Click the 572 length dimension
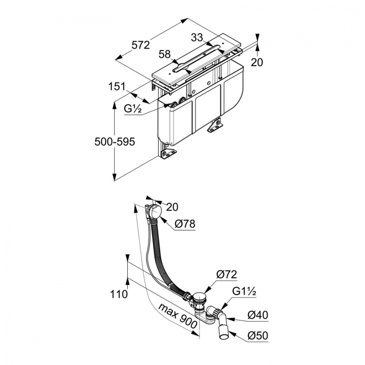(x=141, y=45)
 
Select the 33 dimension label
(x=197, y=37)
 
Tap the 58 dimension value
(x=165, y=54)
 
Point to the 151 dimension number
(x=117, y=87)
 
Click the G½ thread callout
(x=133, y=109)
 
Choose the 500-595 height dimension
(x=115, y=142)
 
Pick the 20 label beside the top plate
(x=257, y=62)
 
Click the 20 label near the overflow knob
(x=172, y=207)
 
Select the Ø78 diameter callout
(x=185, y=224)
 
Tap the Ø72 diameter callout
(x=226, y=275)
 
